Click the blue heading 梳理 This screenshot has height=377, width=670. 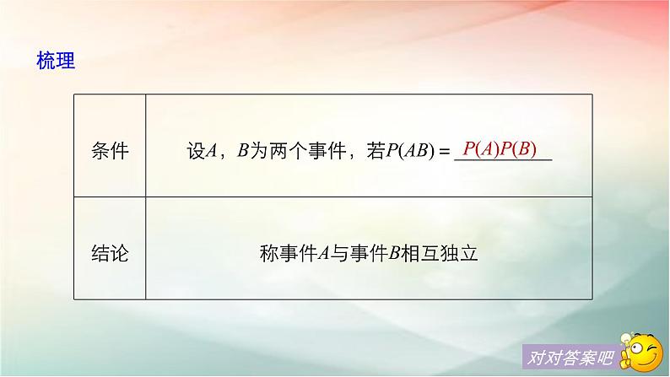coord(56,61)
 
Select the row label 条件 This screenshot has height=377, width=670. coord(110,152)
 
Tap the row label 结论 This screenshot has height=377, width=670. coord(110,252)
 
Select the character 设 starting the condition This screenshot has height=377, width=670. coord(196,152)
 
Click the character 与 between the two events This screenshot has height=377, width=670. coord(338,253)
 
